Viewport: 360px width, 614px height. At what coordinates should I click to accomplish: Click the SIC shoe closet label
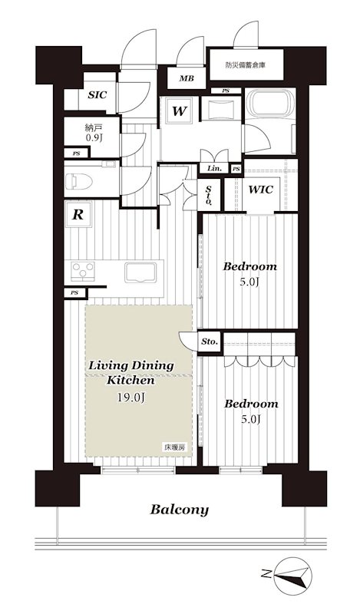97,94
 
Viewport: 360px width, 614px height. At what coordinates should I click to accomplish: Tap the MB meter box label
187,78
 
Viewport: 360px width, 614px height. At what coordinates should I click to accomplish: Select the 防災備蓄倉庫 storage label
246,65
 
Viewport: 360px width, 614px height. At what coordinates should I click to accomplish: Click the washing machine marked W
179,111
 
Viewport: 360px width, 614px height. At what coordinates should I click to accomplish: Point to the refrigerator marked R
78,214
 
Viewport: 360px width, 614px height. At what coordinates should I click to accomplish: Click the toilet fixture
79,181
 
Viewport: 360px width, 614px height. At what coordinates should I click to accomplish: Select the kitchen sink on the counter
140,272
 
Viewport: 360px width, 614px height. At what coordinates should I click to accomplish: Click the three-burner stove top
83,271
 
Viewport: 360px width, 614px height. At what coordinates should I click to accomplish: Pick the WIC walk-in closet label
261,190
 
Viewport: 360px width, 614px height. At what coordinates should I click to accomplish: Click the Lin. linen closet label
214,168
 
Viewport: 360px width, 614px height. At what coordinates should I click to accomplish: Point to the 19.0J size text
130,398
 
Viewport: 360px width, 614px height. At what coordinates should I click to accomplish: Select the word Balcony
180,510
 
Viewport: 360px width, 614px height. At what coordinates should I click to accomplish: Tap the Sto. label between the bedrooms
210,342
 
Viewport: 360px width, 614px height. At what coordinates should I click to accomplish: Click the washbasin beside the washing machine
222,107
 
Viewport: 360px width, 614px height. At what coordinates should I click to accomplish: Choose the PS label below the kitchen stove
74,292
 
